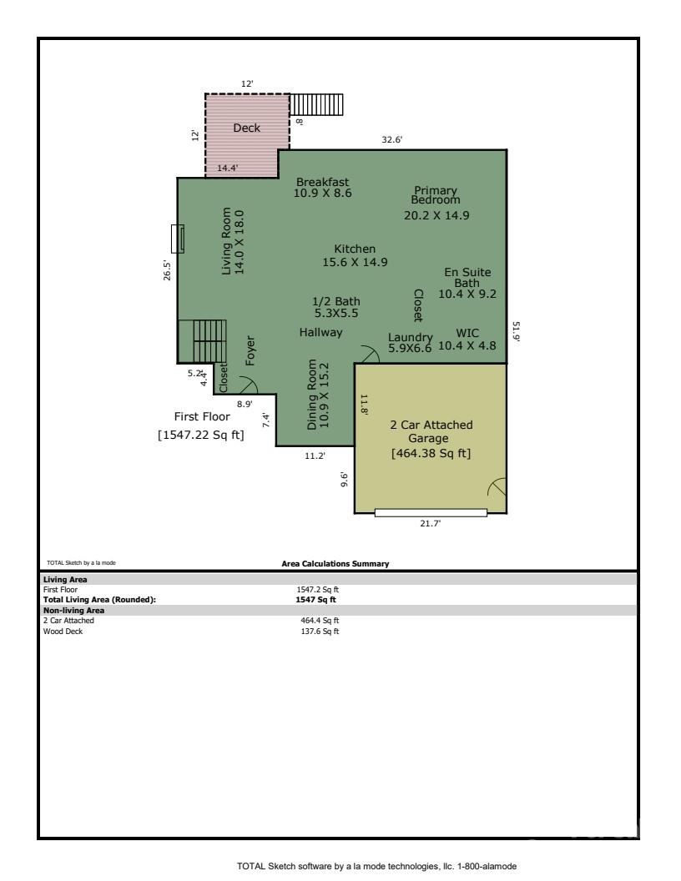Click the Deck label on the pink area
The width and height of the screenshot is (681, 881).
point(246,128)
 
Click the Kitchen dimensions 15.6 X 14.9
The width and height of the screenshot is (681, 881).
point(355,262)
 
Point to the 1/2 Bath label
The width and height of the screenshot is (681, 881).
point(335,301)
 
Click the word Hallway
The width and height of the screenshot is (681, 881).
point(321,332)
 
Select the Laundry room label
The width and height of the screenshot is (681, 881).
point(411,337)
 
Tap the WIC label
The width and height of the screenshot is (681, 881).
point(467,333)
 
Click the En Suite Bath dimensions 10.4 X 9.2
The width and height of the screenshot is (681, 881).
point(467,294)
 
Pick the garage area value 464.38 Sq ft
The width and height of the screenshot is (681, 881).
point(431,453)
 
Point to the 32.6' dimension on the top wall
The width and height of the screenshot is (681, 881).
point(391,140)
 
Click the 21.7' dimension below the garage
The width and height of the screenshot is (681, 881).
point(430,523)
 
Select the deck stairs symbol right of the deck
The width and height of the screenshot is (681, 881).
point(316,104)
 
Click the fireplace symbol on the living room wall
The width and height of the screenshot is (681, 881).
point(177,239)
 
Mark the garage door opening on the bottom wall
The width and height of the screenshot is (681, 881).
point(430,512)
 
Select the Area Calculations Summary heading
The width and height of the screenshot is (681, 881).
point(335,564)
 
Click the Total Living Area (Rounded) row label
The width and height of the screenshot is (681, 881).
point(99,599)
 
